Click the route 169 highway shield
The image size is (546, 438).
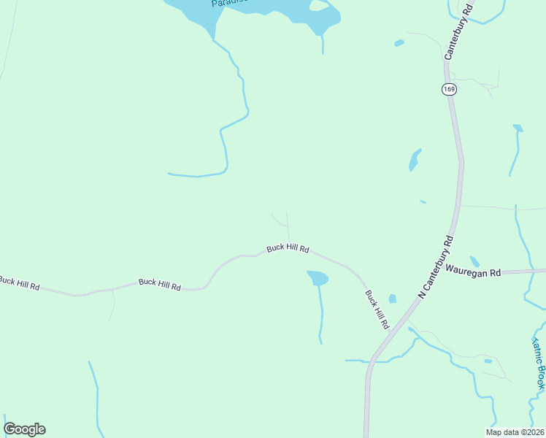(x=449, y=89)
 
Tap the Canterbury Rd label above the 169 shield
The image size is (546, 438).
(x=458, y=31)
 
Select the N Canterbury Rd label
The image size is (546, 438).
(x=437, y=266)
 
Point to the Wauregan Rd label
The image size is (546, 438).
(x=474, y=272)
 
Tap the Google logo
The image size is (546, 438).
(x=24, y=429)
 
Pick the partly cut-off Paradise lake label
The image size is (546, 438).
(x=230, y=3)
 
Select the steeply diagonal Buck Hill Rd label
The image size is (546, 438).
(x=377, y=309)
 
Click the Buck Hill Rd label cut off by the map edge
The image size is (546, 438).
(x=19, y=281)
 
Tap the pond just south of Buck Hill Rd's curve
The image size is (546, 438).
(x=318, y=278)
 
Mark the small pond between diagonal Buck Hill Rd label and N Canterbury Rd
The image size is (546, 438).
(x=393, y=299)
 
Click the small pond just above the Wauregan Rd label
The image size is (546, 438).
(x=474, y=261)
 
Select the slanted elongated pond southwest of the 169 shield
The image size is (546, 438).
(x=415, y=159)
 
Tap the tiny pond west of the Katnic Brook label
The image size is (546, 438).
(x=488, y=361)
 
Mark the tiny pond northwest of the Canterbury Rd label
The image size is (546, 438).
(x=399, y=43)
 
